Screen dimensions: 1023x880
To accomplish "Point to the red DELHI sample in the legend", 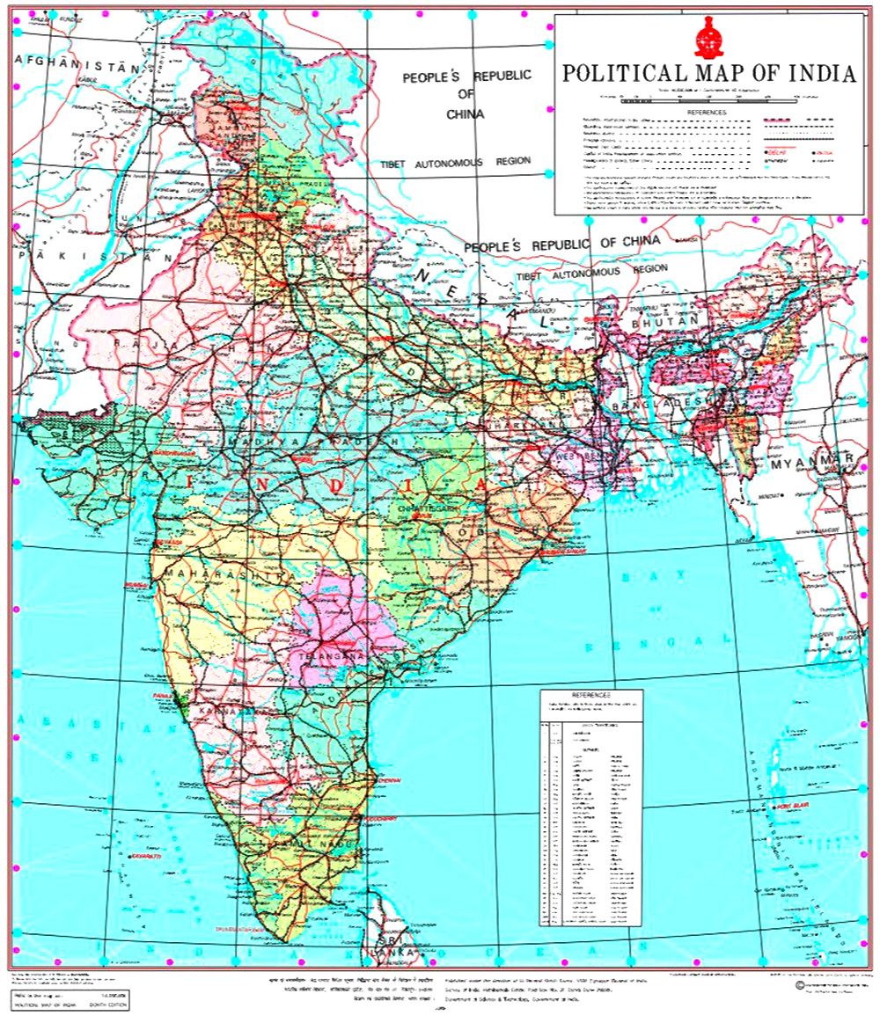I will (x=774, y=152).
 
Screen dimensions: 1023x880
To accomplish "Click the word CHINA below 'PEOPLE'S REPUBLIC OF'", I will (x=466, y=113).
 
